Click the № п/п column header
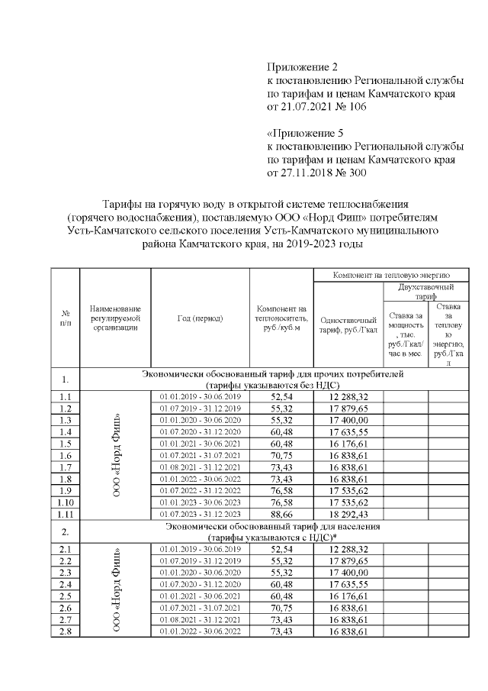pos(66,318)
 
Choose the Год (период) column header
pos(200,318)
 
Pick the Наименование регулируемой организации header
pos(117,318)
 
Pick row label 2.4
pos(66,584)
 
